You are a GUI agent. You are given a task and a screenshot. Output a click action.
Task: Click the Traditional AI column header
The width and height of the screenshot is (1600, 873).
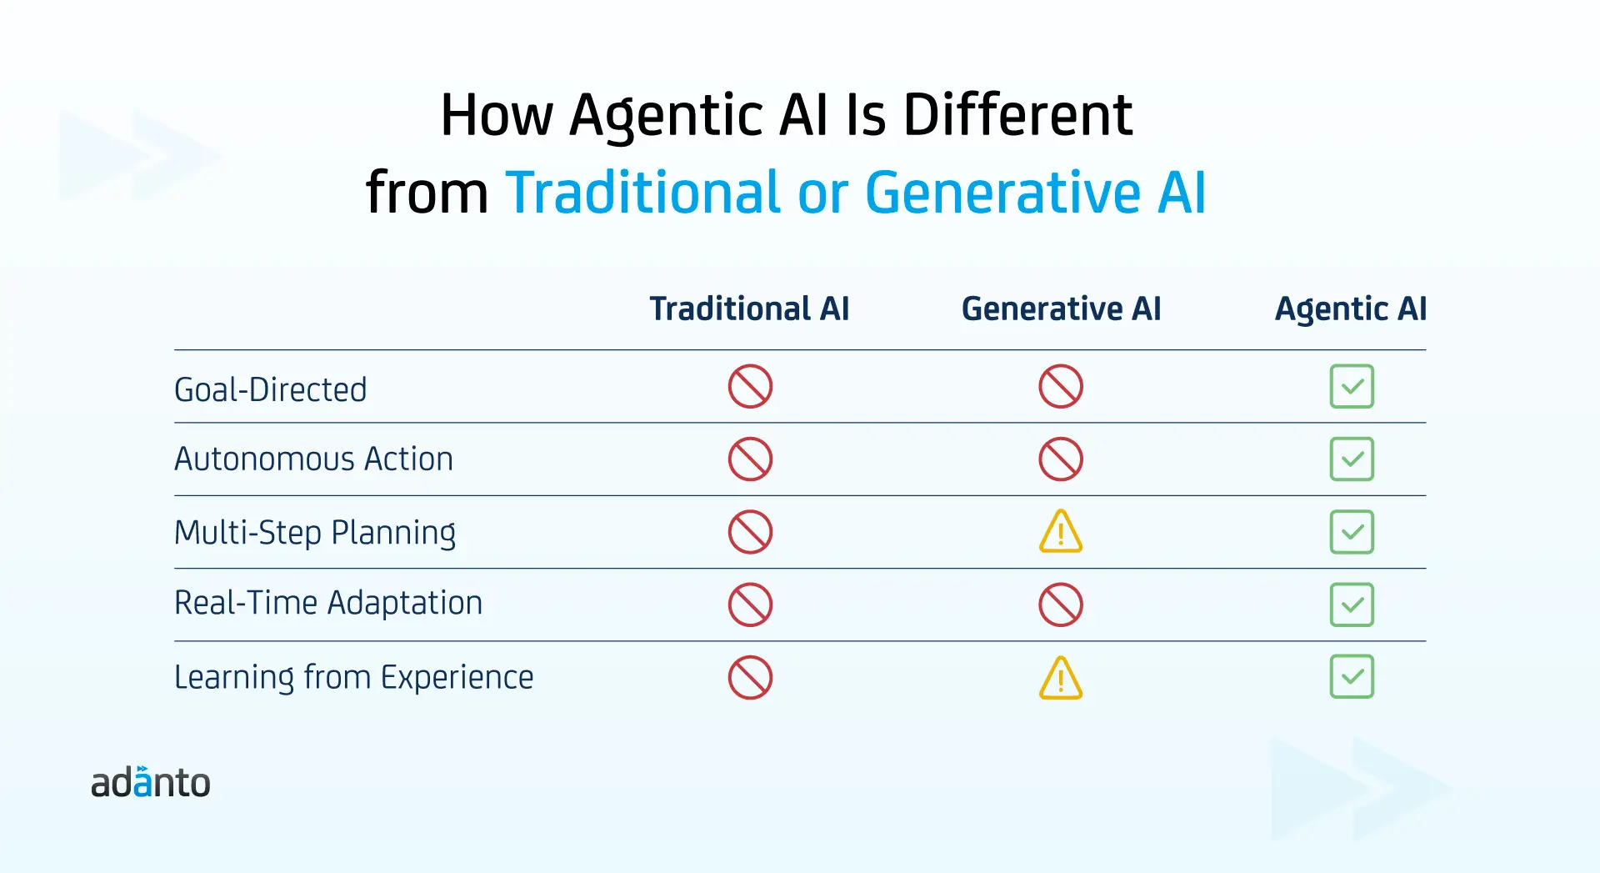click(749, 309)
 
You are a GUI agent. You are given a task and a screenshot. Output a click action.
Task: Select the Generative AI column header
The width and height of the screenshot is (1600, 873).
click(1061, 309)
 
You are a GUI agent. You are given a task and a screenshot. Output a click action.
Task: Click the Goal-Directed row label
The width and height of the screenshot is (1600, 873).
click(270, 389)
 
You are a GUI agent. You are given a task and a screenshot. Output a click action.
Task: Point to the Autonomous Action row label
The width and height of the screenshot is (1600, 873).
click(313, 459)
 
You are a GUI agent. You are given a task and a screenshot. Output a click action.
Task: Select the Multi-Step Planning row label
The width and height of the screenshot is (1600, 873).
click(315, 533)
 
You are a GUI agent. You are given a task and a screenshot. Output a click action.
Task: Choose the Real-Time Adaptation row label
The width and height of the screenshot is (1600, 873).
click(328, 602)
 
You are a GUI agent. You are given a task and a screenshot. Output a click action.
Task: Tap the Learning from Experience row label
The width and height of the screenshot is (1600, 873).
click(353, 677)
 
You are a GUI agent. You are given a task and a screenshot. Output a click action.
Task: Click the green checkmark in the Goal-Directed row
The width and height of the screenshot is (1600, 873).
click(1352, 386)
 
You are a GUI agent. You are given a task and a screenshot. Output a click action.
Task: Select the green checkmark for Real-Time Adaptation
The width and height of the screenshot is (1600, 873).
click(1352, 605)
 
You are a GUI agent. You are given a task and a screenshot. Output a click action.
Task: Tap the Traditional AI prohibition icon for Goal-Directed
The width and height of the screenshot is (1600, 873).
click(750, 386)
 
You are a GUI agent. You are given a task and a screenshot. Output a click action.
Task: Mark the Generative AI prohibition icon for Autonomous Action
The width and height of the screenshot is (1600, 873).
click(1061, 459)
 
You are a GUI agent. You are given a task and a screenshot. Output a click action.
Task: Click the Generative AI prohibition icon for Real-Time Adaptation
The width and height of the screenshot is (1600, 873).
click(1061, 605)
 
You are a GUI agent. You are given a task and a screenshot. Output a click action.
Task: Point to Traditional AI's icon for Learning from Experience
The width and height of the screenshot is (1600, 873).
click(750, 677)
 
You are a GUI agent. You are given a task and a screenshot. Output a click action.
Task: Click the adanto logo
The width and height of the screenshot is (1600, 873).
click(151, 782)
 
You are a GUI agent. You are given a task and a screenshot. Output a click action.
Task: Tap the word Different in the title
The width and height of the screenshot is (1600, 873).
click(1017, 115)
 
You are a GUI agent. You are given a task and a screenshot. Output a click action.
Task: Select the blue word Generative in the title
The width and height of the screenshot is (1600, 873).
click(1002, 193)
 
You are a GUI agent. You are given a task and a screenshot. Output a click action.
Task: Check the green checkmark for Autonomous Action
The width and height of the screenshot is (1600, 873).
click(1352, 459)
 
